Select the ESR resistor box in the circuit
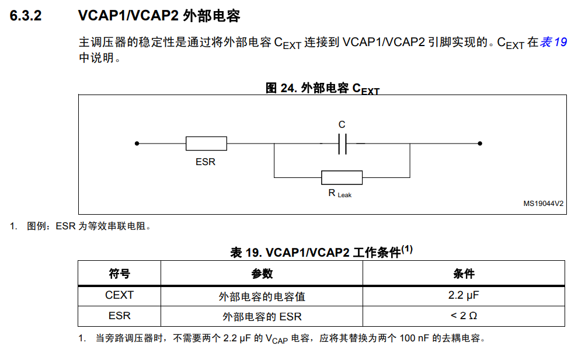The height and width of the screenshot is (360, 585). [206, 144]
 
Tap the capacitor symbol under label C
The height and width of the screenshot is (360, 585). [342, 144]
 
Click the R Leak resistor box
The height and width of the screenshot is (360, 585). [342, 177]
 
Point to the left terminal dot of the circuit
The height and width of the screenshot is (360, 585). [137, 144]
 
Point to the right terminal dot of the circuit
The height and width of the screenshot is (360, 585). [480, 144]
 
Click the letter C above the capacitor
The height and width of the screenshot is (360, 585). [342, 125]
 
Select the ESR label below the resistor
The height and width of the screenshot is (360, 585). [206, 162]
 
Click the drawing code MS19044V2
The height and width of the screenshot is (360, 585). [543, 204]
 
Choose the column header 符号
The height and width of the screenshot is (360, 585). [119, 274]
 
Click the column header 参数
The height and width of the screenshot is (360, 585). [262, 274]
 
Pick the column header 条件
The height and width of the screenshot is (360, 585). [464, 274]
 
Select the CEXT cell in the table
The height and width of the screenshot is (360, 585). [119, 295]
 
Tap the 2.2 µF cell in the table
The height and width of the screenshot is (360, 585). [464, 295]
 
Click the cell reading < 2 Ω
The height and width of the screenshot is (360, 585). [464, 316]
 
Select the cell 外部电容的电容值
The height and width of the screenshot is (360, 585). [262, 296]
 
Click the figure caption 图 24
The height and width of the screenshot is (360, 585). [322, 89]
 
